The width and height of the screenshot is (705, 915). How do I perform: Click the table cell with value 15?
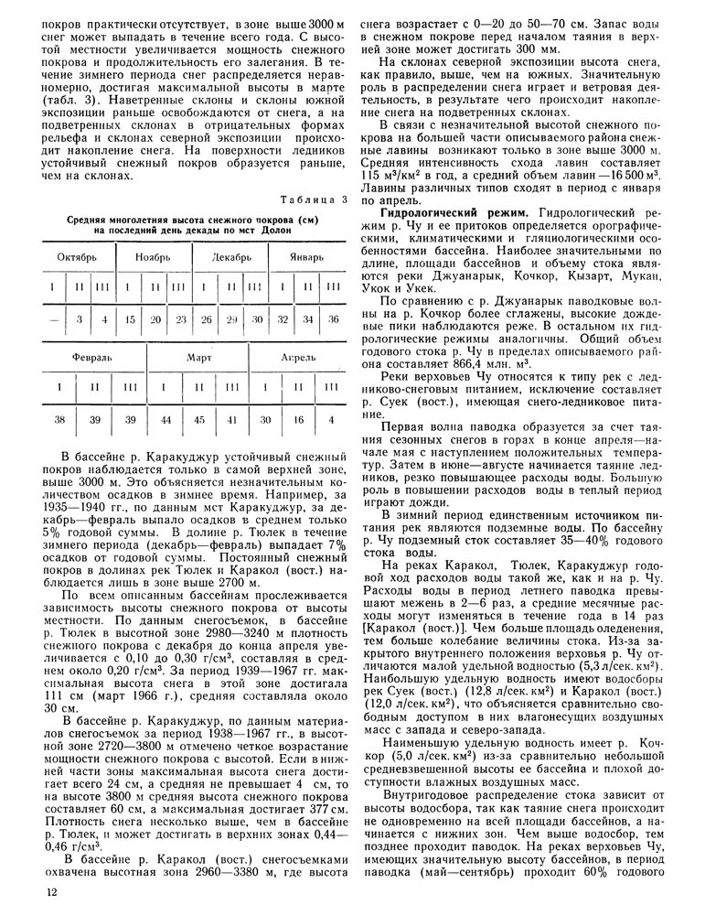pyautogui.click(x=131, y=319)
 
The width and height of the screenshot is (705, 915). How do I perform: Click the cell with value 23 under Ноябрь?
pyautogui.click(x=181, y=319)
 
